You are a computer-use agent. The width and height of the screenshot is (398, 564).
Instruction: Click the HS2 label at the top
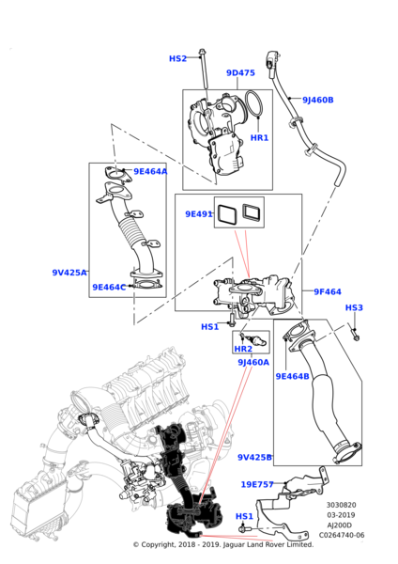tap(177, 58)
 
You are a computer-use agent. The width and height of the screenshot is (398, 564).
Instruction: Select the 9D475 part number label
tap(240, 72)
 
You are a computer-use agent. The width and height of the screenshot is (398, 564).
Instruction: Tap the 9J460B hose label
tap(318, 100)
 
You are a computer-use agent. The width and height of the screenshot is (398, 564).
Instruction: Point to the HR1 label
tap(259, 137)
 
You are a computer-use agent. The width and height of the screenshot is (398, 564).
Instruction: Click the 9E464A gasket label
tap(150, 171)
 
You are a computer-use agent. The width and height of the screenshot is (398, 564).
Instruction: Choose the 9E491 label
tap(199, 214)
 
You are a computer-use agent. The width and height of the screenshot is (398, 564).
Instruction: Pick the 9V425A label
tap(69, 273)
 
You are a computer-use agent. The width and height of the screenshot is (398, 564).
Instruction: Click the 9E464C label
tap(109, 287)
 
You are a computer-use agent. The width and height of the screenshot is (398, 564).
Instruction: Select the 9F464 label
tap(328, 291)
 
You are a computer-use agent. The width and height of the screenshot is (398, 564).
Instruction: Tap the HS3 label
tap(354, 307)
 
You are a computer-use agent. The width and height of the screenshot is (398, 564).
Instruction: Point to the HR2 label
tap(243, 349)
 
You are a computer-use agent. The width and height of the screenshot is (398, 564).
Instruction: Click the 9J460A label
tap(253, 362)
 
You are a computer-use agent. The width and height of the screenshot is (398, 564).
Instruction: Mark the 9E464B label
tap(292, 376)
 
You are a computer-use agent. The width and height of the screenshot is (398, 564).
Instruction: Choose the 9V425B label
tap(254, 457)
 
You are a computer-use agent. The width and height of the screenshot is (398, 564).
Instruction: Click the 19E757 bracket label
tap(257, 484)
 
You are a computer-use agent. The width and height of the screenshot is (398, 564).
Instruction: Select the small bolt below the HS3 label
tap(355, 334)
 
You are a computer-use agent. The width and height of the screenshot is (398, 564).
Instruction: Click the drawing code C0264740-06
tap(342, 535)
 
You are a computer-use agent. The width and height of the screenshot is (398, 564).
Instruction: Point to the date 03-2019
tap(341, 515)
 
